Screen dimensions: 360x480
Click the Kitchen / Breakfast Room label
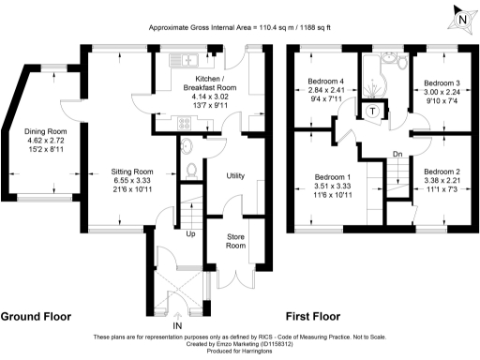(x=206, y=82)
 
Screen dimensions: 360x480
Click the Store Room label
(x=235, y=241)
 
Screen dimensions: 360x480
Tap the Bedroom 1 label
(x=333, y=177)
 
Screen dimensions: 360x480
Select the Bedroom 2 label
(x=440, y=172)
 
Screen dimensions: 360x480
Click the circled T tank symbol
(x=373, y=111)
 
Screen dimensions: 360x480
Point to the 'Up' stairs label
(x=192, y=233)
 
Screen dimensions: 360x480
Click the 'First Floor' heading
(x=314, y=316)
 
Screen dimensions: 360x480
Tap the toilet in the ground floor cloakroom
(x=190, y=170)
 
